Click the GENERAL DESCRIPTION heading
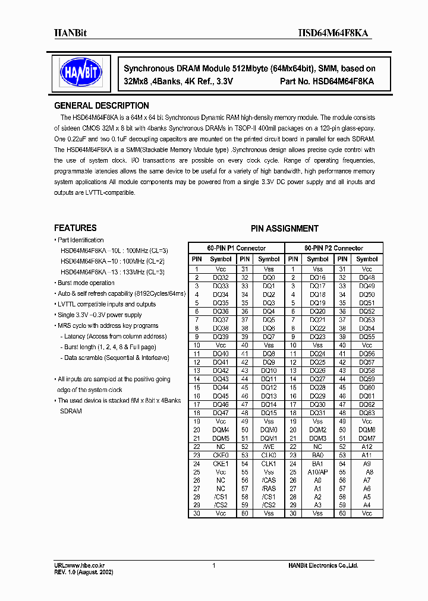(x=102, y=106)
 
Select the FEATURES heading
(x=75, y=228)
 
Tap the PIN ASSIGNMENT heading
(x=284, y=229)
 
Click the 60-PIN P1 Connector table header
(x=237, y=248)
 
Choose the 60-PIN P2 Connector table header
(x=333, y=248)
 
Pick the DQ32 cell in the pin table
(x=221, y=278)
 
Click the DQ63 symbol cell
(x=367, y=413)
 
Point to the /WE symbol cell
(x=269, y=447)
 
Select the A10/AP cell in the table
(x=317, y=472)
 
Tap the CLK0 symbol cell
(x=269, y=455)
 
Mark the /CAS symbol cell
(x=269, y=480)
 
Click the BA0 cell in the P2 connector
(x=317, y=455)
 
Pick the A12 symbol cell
(x=367, y=447)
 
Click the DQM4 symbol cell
(x=221, y=429)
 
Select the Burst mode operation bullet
(x=86, y=283)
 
